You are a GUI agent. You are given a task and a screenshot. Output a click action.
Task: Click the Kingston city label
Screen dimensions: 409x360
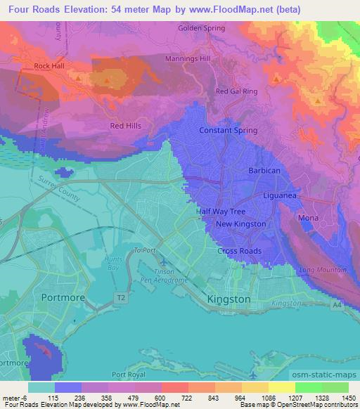click(229, 299)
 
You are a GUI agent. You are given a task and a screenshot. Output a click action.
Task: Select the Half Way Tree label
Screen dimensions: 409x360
click(220, 212)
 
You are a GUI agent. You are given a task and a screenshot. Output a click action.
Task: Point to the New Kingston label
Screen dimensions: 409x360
click(240, 224)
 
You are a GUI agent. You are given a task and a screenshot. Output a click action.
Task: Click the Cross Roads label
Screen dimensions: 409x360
click(239, 251)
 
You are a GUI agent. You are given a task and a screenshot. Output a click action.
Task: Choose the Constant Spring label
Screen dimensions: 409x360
click(225, 131)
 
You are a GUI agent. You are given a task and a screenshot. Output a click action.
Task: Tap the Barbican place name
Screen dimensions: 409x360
click(264, 171)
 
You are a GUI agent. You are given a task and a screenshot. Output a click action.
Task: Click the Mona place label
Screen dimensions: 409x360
click(308, 219)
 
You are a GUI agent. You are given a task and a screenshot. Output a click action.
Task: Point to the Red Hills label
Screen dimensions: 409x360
click(125, 126)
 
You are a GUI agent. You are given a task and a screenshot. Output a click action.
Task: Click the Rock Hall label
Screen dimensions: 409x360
click(49, 67)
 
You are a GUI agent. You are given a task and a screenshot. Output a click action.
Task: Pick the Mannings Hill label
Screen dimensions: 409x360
click(188, 59)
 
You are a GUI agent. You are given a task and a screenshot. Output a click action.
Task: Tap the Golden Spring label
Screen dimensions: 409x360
click(202, 28)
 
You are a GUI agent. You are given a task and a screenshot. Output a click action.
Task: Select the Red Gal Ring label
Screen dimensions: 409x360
click(236, 91)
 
